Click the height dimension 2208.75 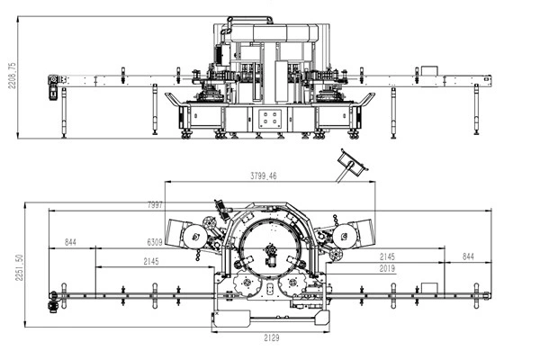[x=12, y=76]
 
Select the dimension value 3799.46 [x=264, y=176]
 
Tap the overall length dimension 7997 [x=155, y=205]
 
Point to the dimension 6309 [x=155, y=242]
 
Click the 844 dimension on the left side [x=70, y=242]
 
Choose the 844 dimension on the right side [x=468, y=256]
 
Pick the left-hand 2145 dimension [x=151, y=262]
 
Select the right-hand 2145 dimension [x=387, y=257]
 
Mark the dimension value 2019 [x=387, y=268]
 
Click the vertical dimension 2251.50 [x=19, y=267]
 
